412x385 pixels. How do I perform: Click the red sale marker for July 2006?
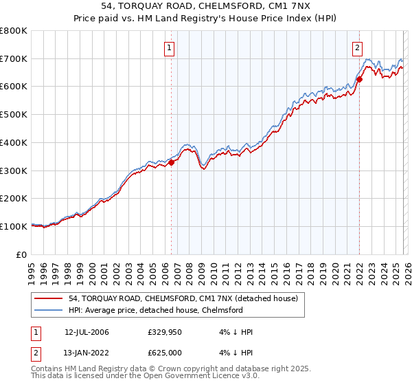tap(171, 162)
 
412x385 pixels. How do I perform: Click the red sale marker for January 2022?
tap(359, 80)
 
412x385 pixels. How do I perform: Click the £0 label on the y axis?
tap(22, 254)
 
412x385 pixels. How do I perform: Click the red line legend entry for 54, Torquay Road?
tap(183, 298)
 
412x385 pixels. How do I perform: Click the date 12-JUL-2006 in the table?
tap(87, 332)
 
